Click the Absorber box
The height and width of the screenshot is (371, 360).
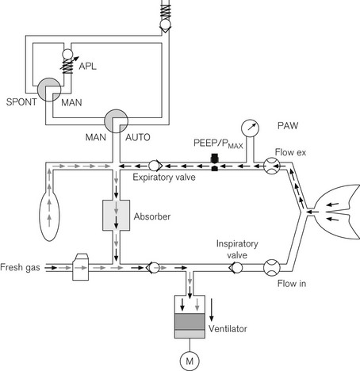(x=116, y=215)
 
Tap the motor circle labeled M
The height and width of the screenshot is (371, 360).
(x=190, y=361)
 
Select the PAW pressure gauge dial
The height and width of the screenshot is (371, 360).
(x=250, y=128)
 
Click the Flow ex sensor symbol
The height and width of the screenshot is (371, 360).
(x=271, y=166)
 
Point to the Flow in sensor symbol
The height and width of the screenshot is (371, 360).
(x=271, y=267)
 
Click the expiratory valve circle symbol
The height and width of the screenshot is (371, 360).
(x=154, y=166)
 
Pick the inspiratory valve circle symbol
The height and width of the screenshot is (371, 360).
(x=236, y=267)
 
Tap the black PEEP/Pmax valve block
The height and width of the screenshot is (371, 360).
(x=214, y=163)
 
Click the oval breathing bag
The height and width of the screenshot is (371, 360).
(x=49, y=214)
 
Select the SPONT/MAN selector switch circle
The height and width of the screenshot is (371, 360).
(x=49, y=90)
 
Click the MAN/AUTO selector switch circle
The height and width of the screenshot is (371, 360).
(x=116, y=121)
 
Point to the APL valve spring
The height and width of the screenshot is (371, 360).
(x=67, y=66)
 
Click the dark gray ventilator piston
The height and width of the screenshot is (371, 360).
(x=190, y=322)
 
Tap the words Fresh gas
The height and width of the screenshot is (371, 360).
(x=20, y=267)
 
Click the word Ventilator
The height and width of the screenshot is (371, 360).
(x=228, y=329)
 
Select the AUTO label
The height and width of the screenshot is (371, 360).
(x=138, y=137)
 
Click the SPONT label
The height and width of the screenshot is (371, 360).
(x=21, y=102)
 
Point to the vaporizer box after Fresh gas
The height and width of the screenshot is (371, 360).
(x=81, y=267)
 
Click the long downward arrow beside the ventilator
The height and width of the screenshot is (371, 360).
(x=211, y=310)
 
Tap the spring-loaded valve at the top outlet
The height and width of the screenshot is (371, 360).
(x=166, y=17)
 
